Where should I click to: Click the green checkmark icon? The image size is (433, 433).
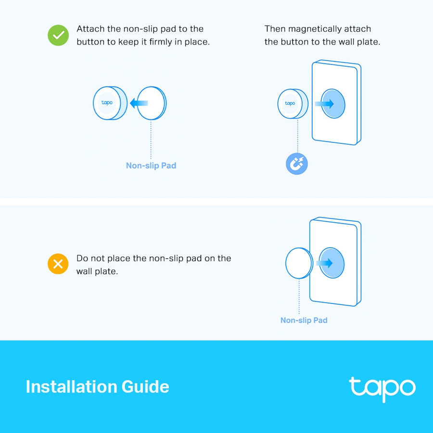coord(58,36)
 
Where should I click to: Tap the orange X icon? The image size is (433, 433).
coord(58,264)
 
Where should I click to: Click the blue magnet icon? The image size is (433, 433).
coord(297,165)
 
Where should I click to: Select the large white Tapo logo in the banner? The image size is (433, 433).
coord(382,388)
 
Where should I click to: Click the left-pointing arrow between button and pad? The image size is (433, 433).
coord(139,103)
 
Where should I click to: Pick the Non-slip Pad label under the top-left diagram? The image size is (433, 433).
coord(151,166)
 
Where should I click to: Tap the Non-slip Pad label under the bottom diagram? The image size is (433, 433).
coord(304,320)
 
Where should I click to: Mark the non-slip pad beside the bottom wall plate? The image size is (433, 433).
coord(299,264)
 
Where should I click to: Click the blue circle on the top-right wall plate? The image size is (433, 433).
coord(333,103)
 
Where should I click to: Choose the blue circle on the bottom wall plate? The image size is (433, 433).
coord(332,263)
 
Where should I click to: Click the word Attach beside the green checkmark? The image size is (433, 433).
coord(90,29)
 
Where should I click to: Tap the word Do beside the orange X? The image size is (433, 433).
coord(82,258)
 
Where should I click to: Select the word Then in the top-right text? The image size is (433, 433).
coord(275,29)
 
